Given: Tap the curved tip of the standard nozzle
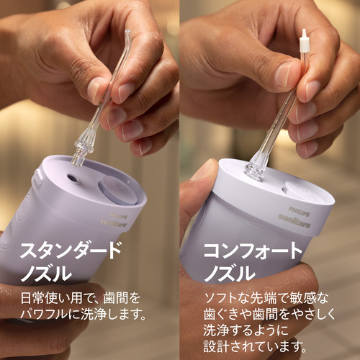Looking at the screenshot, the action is tap(128, 35).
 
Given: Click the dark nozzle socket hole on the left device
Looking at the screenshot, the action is tap(71, 178).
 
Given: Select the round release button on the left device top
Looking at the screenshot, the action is tap(118, 190).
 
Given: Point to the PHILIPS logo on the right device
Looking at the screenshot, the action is tap(299, 211).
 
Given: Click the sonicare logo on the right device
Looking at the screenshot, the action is tap(294, 221).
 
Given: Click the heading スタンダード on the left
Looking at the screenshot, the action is tap(71, 250).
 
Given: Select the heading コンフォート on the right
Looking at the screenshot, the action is tap(253, 251).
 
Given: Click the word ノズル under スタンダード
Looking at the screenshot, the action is tap(46, 273).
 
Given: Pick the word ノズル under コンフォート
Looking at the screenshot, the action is tap(230, 273).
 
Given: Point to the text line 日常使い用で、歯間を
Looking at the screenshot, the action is tap(81, 298).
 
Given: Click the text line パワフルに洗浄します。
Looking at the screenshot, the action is tap(84, 314).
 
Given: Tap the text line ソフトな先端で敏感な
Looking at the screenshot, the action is tap(266, 298).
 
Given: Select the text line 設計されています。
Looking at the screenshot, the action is tap(255, 346).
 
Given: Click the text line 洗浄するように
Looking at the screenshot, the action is tap(246, 330).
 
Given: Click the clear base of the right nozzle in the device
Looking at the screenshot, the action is tap(256, 167).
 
